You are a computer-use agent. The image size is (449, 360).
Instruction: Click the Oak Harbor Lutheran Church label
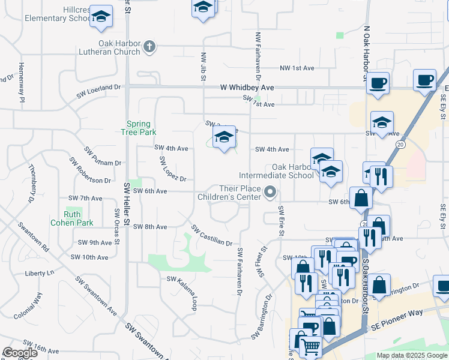coord(119,47)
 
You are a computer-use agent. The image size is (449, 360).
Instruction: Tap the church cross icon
coord(150,46)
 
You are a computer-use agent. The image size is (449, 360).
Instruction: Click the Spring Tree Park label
coord(141,127)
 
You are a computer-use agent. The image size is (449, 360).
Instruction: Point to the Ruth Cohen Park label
coord(79,218)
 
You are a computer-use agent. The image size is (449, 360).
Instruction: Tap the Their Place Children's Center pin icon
coord(270,192)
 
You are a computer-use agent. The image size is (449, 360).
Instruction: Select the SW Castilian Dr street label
coord(212,235)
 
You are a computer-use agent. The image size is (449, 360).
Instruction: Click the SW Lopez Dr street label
coord(173,169)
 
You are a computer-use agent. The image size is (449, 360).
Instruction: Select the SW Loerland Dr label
coord(98,91)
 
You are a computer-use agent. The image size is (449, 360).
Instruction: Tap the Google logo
coord(20,352)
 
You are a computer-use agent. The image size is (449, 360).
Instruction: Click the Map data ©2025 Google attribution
coord(412,355)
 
